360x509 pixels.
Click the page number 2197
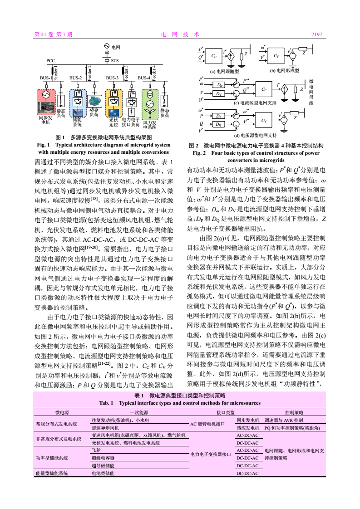tap(316, 34)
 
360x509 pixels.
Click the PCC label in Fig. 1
tap(50, 60)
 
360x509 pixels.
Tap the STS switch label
tap(115, 60)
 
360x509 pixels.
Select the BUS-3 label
tap(112, 78)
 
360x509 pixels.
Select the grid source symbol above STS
tap(107, 46)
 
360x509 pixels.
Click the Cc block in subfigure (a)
tap(214, 56)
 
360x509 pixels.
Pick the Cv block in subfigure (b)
tap(276, 56)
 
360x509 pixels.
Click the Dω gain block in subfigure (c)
tap(220, 84)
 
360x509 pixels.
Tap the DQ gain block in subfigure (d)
tap(220, 124)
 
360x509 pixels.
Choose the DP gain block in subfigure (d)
tap(220, 116)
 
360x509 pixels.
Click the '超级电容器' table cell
tap(103, 458)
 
